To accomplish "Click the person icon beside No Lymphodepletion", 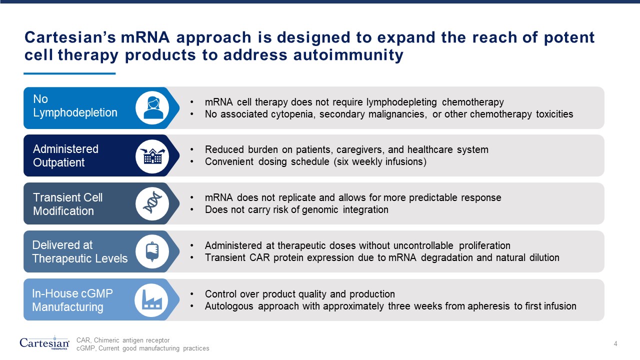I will click(152, 107).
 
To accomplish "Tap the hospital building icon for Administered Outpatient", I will click(152, 156).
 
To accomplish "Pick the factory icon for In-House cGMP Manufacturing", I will click(151, 299).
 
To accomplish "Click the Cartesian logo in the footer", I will click(44, 343).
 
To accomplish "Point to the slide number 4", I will click(615, 343).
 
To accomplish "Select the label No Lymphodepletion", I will click(75, 106).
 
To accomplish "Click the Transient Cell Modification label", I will click(67, 204).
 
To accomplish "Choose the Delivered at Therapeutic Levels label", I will click(79, 252).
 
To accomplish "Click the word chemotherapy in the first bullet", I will click(475, 102).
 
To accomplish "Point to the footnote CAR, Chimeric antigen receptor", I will click(123, 340).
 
